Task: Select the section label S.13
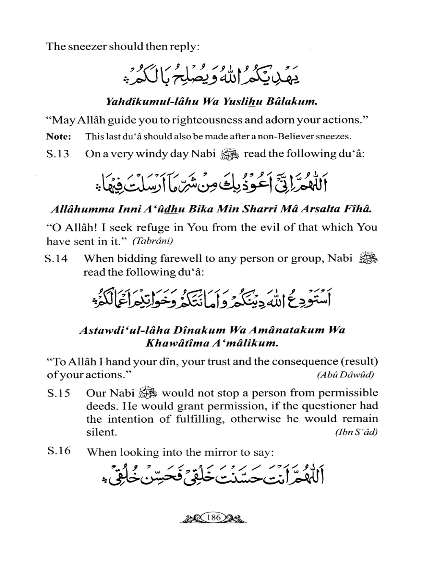pos(58,154)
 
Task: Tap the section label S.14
pos(56,259)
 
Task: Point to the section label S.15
pos(58,393)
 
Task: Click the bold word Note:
pos(58,137)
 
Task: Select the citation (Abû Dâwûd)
pos(345,374)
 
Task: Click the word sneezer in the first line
pos(87,46)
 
